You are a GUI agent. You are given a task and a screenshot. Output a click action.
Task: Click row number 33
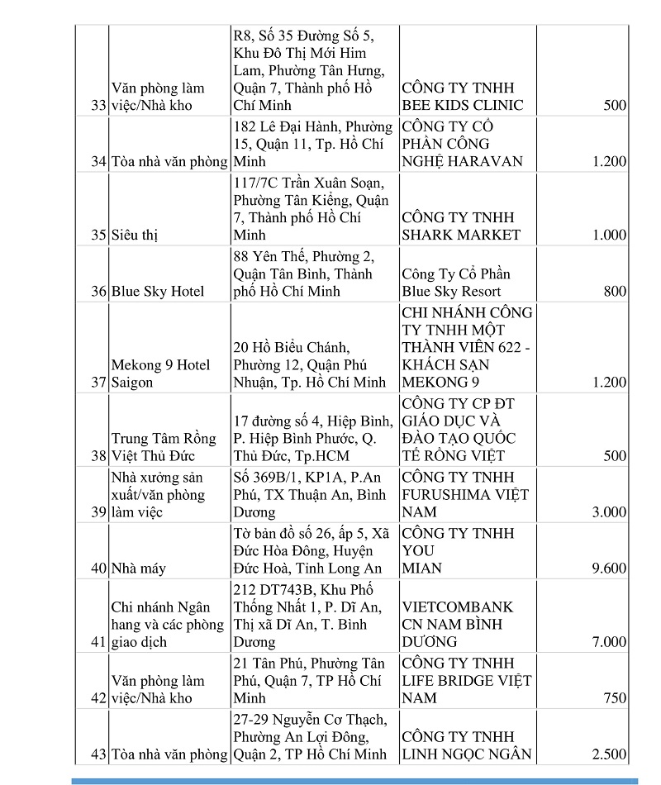click(99, 106)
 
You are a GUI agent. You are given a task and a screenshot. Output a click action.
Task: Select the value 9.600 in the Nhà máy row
click(609, 569)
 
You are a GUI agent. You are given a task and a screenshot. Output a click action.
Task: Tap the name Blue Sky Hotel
click(158, 292)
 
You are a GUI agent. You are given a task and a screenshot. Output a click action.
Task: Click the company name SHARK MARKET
click(461, 235)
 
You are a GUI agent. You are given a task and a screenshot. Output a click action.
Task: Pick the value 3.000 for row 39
click(609, 512)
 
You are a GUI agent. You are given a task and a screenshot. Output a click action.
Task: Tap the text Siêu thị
click(135, 235)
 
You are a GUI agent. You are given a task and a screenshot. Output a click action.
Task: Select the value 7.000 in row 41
click(609, 642)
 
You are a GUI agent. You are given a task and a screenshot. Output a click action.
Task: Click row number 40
click(99, 569)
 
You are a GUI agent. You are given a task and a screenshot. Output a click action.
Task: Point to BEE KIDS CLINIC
click(463, 106)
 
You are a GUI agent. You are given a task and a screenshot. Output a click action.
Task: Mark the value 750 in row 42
click(615, 698)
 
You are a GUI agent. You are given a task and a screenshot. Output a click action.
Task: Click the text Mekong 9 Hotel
click(161, 365)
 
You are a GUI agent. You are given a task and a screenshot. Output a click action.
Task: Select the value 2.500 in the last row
click(609, 754)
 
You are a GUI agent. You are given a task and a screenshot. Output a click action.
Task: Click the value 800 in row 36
click(615, 292)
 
